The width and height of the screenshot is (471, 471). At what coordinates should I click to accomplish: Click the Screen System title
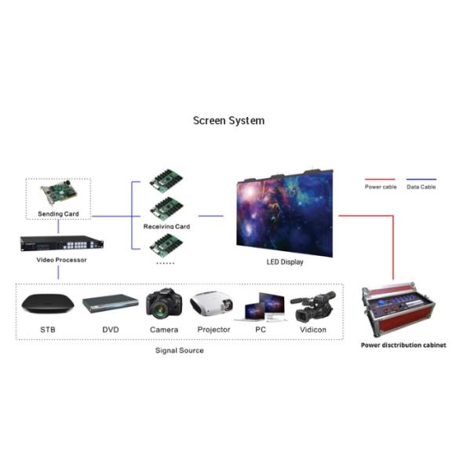point(228,121)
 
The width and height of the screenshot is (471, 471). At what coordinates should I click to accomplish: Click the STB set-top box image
point(48,304)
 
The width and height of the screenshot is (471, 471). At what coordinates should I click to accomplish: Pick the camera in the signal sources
point(164,304)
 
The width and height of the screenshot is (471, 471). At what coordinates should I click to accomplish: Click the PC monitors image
point(266,306)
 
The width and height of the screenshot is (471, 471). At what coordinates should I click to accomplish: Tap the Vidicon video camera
point(313,305)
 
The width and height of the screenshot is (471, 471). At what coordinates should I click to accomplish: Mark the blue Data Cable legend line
point(422,179)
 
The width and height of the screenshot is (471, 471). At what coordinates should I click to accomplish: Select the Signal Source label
point(179,350)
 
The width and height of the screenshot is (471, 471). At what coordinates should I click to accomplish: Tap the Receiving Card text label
point(166,226)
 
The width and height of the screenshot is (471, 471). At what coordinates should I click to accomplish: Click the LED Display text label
point(285,262)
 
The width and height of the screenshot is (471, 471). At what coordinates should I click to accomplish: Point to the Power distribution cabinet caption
point(403,345)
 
